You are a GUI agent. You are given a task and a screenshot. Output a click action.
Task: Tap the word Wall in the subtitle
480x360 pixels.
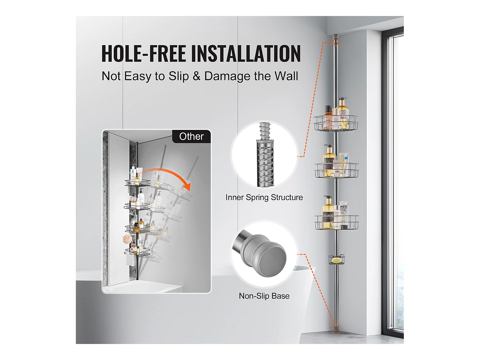tap(286, 76)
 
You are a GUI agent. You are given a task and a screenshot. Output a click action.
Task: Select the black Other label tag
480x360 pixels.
tap(191, 136)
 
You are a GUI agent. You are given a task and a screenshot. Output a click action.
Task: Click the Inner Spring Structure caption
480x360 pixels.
tap(264, 197)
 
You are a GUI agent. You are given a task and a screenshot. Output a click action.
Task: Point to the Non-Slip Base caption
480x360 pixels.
tap(264, 296)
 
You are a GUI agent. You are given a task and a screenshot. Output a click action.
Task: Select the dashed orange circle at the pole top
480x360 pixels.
tap(335, 41)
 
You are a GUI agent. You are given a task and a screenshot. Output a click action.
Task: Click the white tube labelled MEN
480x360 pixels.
tap(343, 211)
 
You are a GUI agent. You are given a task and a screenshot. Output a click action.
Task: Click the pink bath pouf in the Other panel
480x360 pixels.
tap(127, 238)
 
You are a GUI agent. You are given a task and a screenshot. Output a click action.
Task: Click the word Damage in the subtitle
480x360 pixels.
tap(227, 76)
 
